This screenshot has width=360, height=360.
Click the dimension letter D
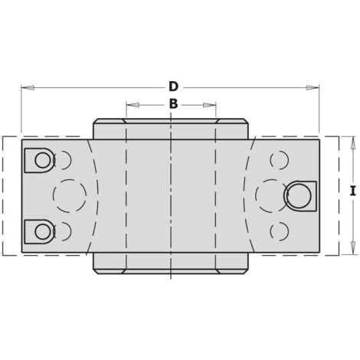pyautogui.click(x=173, y=87)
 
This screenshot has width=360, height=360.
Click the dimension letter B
pyautogui.click(x=173, y=104)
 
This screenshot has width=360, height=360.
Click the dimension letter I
pyautogui.click(x=353, y=191)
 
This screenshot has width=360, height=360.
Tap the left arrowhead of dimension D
pyautogui.click(x=28, y=87)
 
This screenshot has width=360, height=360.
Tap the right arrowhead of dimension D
pyautogui.click(x=313, y=87)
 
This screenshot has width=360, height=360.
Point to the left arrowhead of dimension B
pyautogui.click(x=133, y=105)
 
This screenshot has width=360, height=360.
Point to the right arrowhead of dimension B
pyautogui.click(x=210, y=105)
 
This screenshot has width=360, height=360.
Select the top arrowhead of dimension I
pyautogui.click(x=353, y=142)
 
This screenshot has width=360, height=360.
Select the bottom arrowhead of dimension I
pyautogui.click(x=353, y=248)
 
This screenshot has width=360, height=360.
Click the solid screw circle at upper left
pyautogui.click(x=43, y=160)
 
